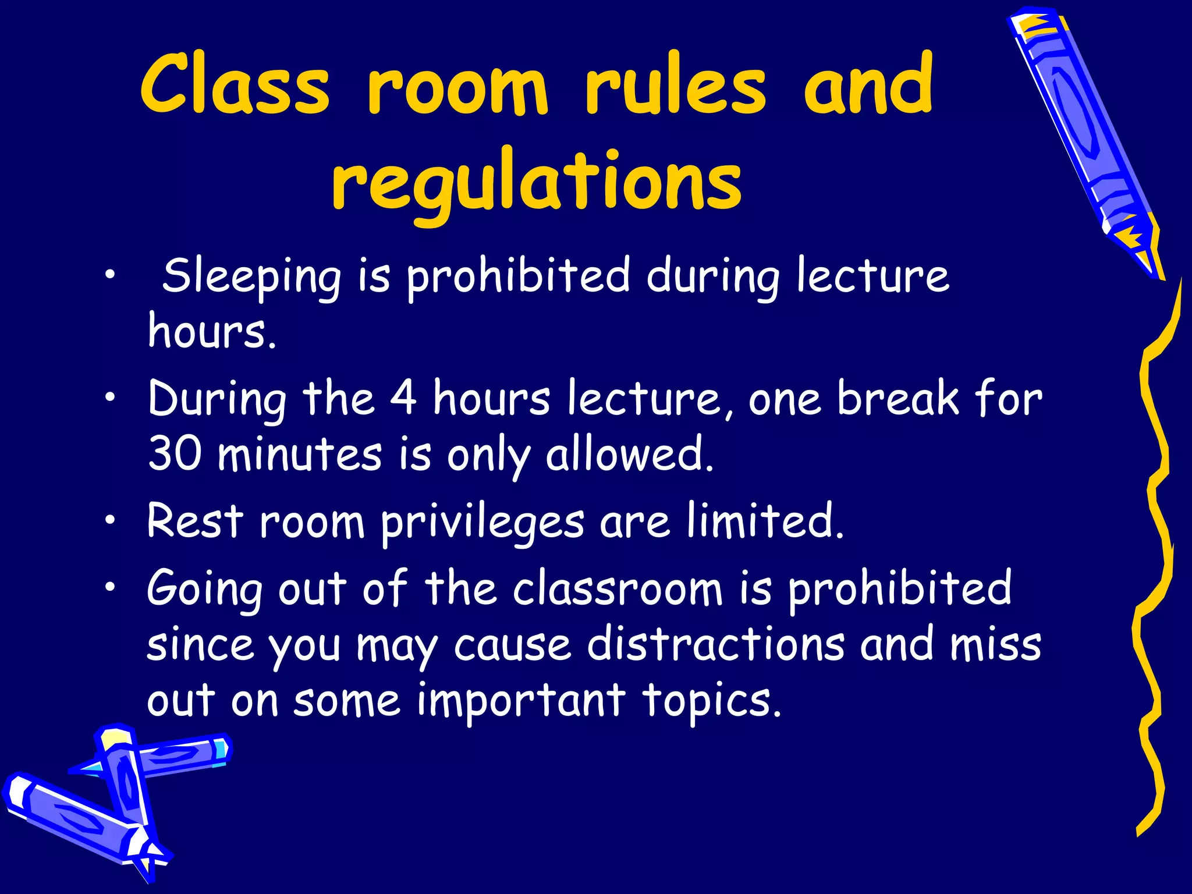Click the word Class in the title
pyautogui.click(x=235, y=84)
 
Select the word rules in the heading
pyautogui.click(x=675, y=84)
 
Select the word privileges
pyautogui.click(x=482, y=521)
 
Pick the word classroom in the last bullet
pyautogui.click(x=617, y=589)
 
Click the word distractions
pyautogui.click(x=715, y=644)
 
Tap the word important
pyautogui.click(x=521, y=701)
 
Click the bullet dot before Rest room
pyautogui.click(x=110, y=520)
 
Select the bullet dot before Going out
pyautogui.click(x=110, y=588)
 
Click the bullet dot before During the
pyautogui.click(x=110, y=398)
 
